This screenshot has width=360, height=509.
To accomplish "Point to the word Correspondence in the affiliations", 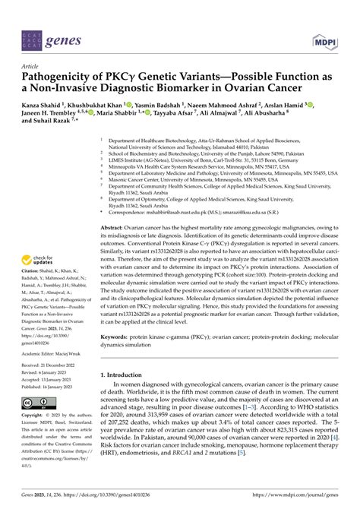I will [133, 192].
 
